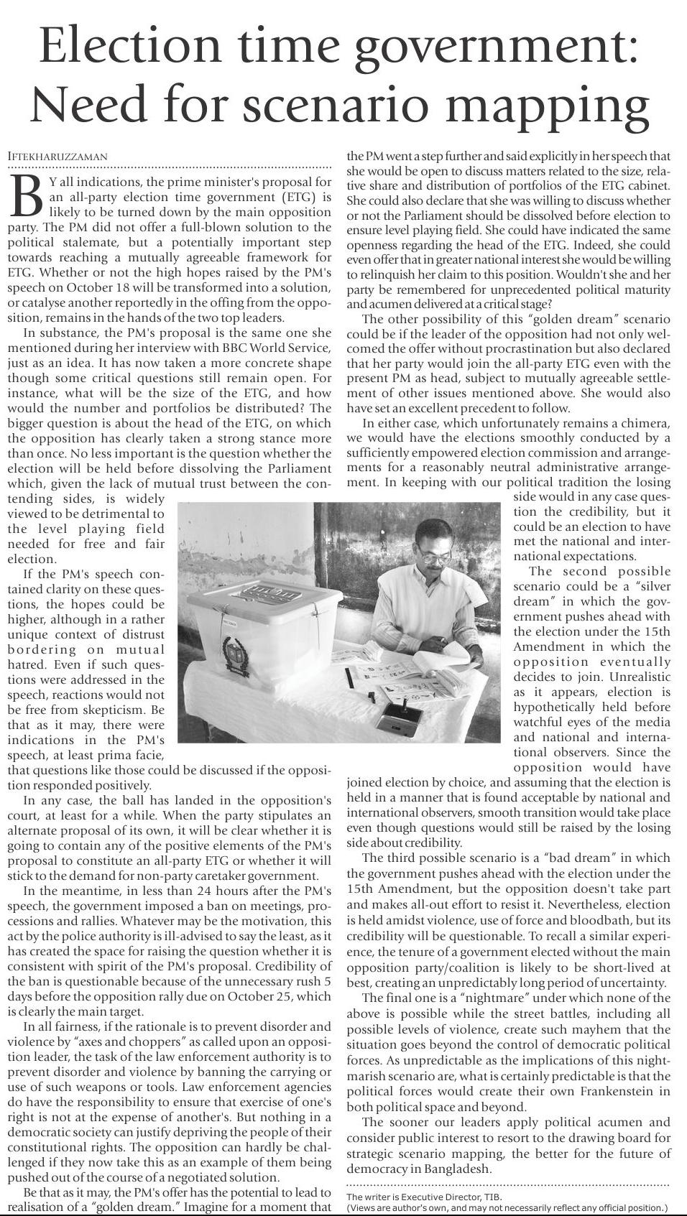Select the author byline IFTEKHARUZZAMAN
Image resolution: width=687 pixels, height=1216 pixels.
click(x=57, y=157)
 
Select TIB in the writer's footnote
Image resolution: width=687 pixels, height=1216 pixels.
click(x=492, y=1197)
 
